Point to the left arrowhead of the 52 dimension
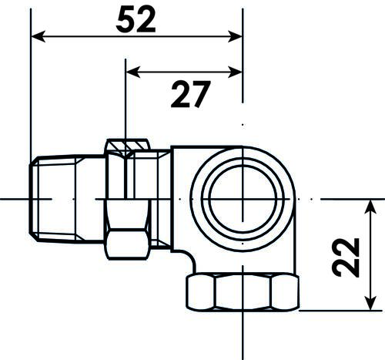point(37,36)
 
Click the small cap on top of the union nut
point(127,145)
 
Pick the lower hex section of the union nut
point(127,245)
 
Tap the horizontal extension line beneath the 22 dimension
point(339,311)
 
